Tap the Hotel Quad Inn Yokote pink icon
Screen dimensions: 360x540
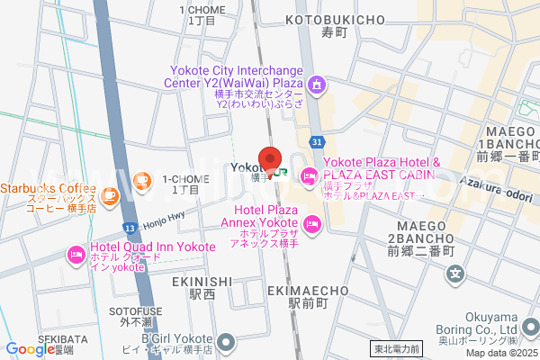click(76, 256)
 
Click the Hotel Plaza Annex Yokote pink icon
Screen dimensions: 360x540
click(313, 223)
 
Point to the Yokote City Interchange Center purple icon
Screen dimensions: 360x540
click(316, 86)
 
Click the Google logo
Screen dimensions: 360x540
click(31, 349)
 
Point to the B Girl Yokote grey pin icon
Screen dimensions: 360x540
click(226, 341)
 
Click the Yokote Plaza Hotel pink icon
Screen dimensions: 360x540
click(309, 175)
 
